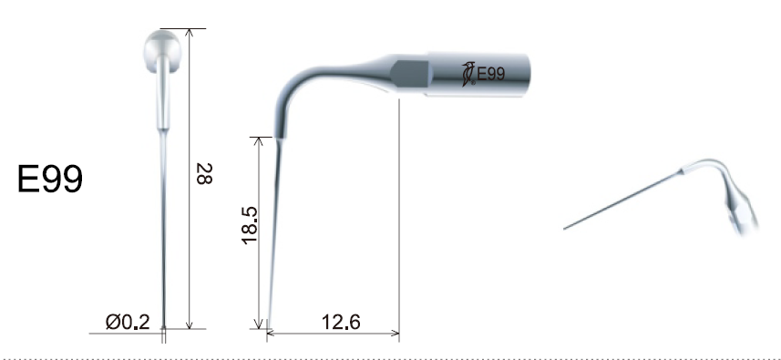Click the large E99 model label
coord(50,180)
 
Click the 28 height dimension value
coord(204,174)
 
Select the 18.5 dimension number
coord(249,225)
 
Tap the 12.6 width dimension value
coord(341,322)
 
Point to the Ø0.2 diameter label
coord(128,322)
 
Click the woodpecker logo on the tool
coord(468,74)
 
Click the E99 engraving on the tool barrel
coord(490,74)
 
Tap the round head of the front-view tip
coord(162,50)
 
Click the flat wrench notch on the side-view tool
coord(409,74)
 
